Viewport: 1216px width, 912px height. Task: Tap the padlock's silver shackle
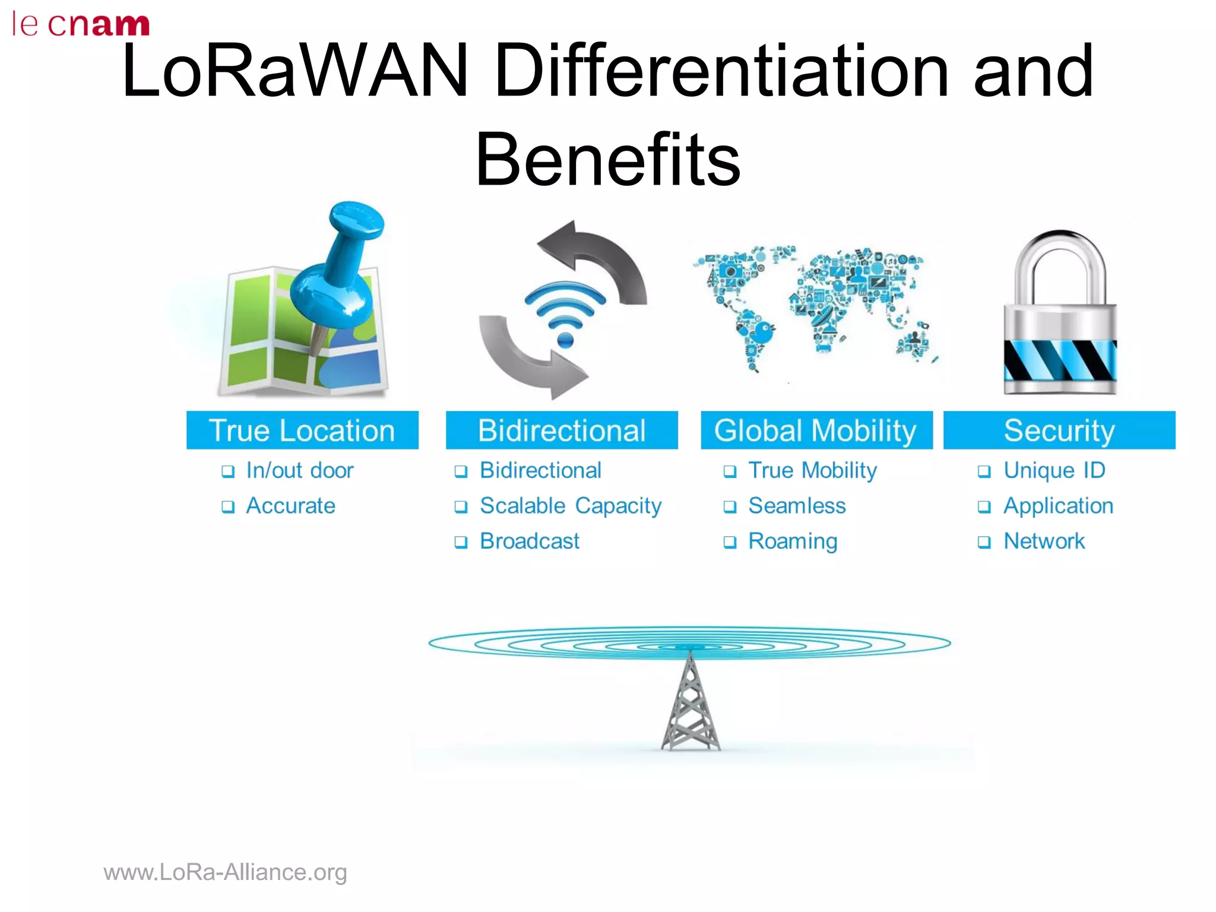pos(1060,267)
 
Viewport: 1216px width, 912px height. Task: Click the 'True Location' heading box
pos(302,430)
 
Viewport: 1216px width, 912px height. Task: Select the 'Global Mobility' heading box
pos(816,430)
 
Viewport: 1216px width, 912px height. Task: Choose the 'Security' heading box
pos(1059,430)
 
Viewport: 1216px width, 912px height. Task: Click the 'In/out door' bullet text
pos(300,471)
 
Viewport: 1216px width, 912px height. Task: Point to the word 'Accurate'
pos(291,506)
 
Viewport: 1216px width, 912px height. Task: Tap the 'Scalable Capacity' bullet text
pos(571,506)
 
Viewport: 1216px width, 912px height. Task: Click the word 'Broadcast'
pos(530,541)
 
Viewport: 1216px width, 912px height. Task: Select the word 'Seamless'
pos(797,506)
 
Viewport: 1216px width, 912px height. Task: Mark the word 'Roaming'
pos(793,541)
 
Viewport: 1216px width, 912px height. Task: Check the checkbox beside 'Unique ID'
pos(984,471)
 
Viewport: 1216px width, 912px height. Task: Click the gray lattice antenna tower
pos(690,707)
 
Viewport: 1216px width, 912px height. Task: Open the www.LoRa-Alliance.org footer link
pos(225,872)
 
